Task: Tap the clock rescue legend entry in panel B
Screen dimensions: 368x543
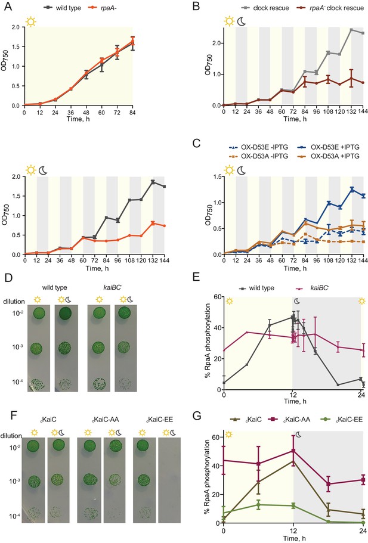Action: point(263,8)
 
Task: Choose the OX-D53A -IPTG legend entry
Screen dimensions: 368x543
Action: point(256,156)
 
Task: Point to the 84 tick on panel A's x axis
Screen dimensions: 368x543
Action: point(132,113)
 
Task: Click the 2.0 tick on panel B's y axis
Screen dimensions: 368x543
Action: point(217,43)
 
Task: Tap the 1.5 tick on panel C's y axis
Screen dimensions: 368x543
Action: point(217,176)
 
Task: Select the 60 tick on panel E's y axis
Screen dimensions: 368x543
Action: point(217,297)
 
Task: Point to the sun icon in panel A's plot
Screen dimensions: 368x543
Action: point(31,22)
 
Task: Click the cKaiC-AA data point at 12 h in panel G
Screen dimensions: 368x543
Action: point(293,451)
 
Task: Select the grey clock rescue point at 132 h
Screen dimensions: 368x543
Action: point(351,30)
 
